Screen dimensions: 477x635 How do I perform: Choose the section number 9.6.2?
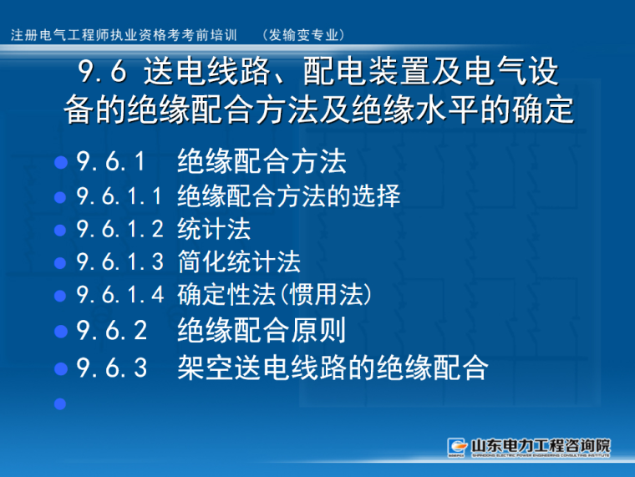pos(111,331)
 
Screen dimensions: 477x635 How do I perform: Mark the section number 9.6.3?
pos(111,368)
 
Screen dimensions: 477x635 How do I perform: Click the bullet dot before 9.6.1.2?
pos(59,230)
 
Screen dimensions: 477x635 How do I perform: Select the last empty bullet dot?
pos(59,404)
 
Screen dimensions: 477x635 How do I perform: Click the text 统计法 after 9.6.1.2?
pos(214,229)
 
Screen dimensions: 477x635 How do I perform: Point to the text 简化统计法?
pos(239,262)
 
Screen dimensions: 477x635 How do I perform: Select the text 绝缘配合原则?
pos(262,331)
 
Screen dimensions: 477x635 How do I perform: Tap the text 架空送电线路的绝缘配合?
pos(333,368)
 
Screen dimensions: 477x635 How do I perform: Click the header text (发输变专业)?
pos(303,34)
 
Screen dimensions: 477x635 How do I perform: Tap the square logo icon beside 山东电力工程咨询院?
pos(457,446)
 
